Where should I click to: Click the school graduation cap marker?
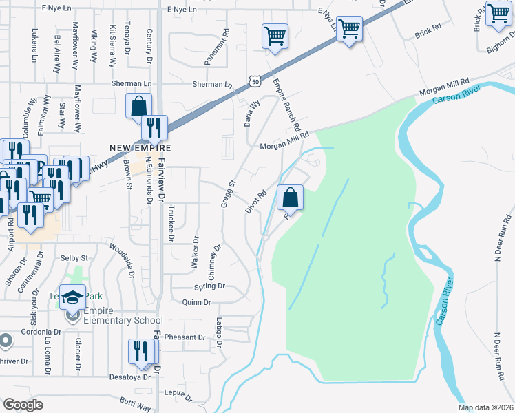(x=72, y=297)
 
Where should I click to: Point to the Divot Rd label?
(x=255, y=202)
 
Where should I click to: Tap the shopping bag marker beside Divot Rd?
(x=291, y=198)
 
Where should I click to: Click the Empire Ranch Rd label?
(x=287, y=105)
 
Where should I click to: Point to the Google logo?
(x=23, y=405)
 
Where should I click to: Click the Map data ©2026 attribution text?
(x=485, y=407)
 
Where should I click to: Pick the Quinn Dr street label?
(x=196, y=302)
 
